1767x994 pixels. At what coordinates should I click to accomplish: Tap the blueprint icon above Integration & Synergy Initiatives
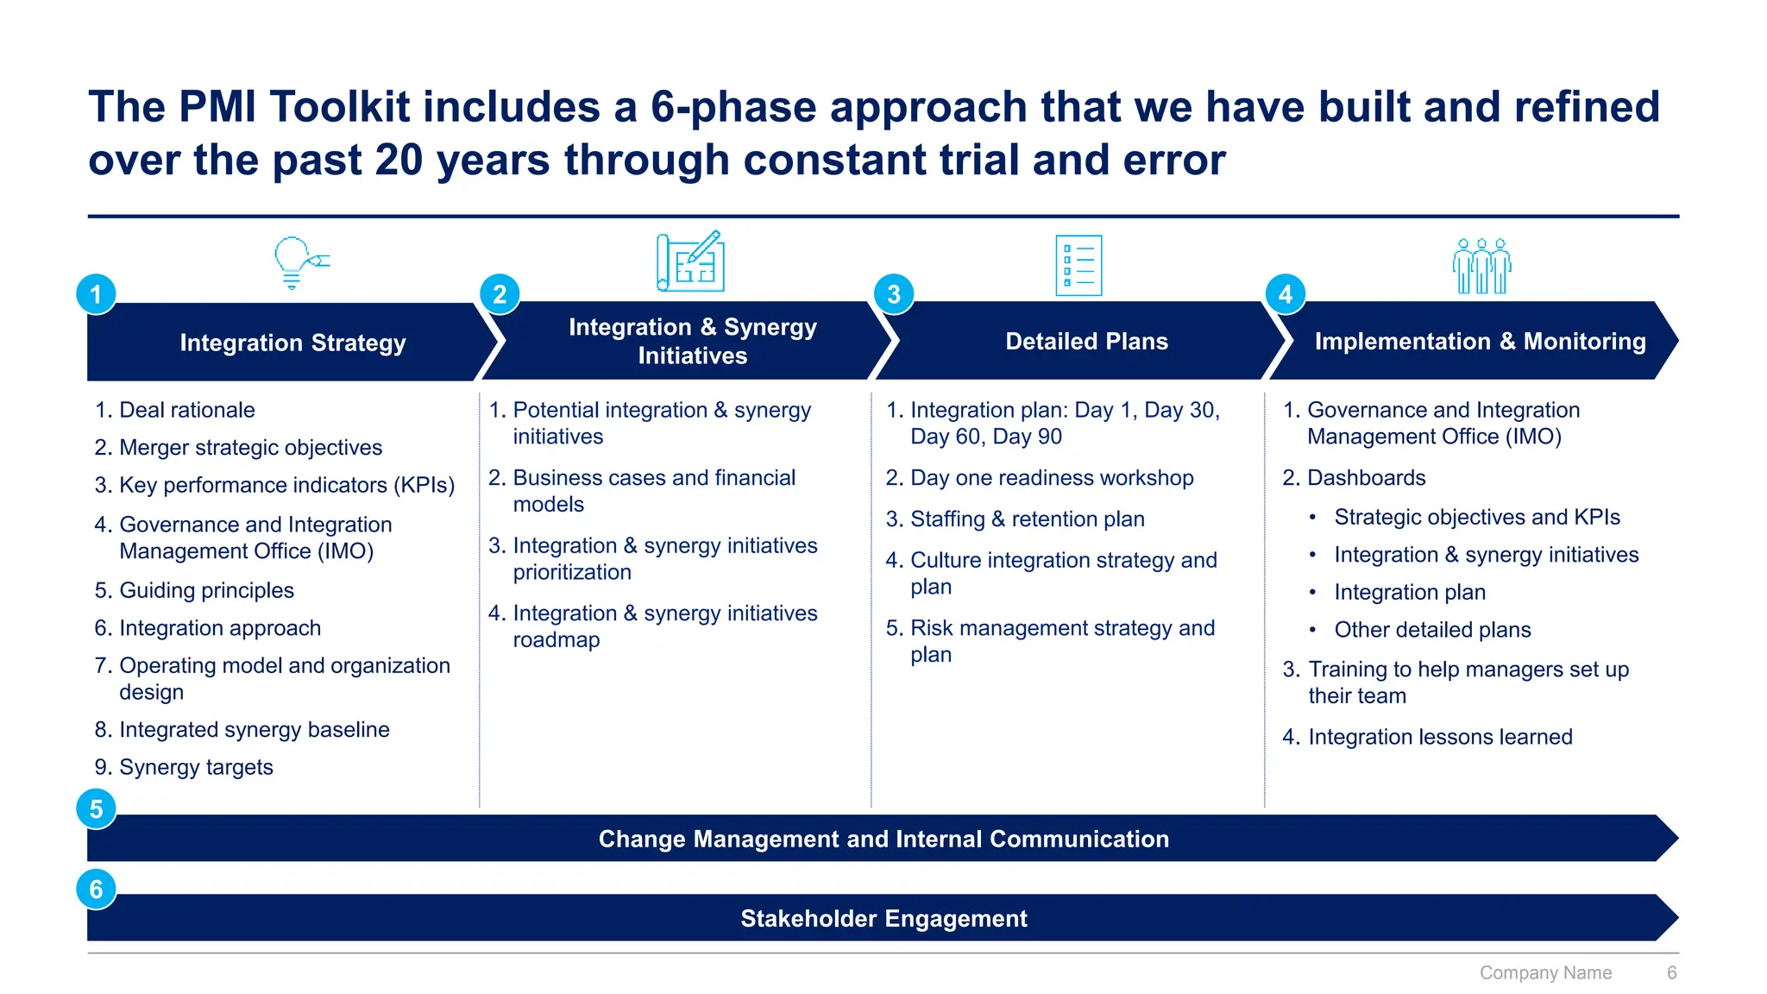[x=690, y=261]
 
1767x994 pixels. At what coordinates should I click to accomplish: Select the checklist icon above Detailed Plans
[x=1078, y=265]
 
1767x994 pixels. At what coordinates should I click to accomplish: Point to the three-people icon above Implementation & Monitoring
[x=1481, y=266]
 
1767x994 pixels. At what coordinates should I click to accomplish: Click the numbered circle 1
[x=96, y=294]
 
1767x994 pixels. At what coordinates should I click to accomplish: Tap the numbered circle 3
[x=894, y=294]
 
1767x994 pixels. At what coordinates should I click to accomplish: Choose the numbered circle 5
[x=96, y=809]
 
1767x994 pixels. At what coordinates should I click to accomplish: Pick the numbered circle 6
[x=96, y=890]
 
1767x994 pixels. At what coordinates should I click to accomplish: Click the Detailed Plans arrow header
[x=1085, y=342]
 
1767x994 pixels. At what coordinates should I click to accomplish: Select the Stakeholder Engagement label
[x=883, y=919]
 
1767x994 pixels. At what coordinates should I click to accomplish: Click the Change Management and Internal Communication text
[x=883, y=840]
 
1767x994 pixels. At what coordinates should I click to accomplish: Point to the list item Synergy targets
[x=196, y=767]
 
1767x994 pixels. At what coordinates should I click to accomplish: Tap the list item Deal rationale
[x=186, y=410]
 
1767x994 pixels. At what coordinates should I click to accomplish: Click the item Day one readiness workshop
[x=1051, y=478]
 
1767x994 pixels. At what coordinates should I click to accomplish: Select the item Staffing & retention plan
[x=1027, y=519]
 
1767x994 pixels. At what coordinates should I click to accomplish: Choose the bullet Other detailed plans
[x=1432, y=630]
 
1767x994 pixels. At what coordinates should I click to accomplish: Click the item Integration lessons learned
[x=1439, y=737]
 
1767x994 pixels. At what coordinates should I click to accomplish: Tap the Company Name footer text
[x=1545, y=973]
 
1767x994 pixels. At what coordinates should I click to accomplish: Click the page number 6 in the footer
[x=1671, y=973]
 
